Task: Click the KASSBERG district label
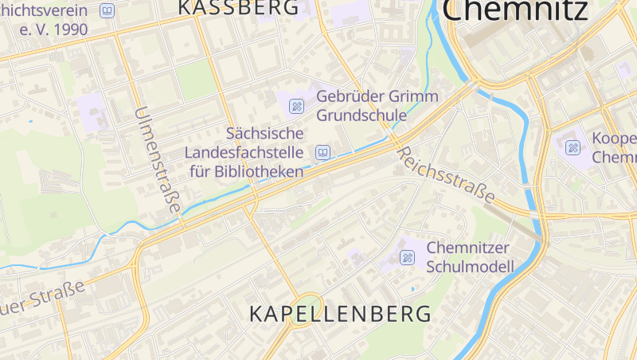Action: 238,7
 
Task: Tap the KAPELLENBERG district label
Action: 340,313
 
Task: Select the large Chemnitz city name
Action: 515,10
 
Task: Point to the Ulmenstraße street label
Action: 158,159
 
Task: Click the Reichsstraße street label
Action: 445,174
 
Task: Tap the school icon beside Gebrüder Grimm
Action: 296,105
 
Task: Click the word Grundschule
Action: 361,115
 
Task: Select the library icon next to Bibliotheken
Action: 322,152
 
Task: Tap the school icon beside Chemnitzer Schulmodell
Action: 407,257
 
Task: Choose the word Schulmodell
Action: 470,266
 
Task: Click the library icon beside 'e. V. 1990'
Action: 107,11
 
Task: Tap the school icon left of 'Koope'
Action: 573,147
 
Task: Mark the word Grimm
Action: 412,96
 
